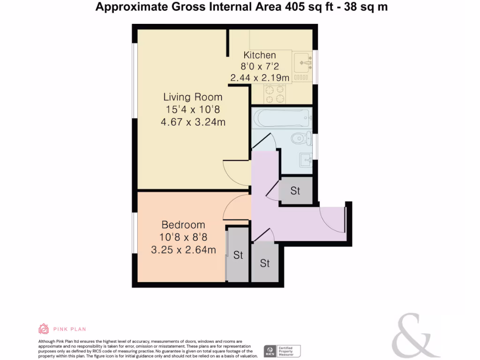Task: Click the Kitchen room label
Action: click(259, 55)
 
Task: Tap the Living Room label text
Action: click(193, 97)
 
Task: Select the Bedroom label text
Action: click(183, 225)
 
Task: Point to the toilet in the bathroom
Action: click(300, 138)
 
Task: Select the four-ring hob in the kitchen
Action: click(275, 93)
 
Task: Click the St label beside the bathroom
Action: click(295, 191)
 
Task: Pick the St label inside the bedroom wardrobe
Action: click(238, 255)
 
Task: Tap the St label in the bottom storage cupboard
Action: click(265, 263)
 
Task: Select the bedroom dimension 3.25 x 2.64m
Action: click(183, 250)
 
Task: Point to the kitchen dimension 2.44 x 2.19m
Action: click(259, 78)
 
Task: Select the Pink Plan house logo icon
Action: click(44, 329)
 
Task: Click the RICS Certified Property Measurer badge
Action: click(282, 351)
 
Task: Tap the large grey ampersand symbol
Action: click(414, 336)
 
